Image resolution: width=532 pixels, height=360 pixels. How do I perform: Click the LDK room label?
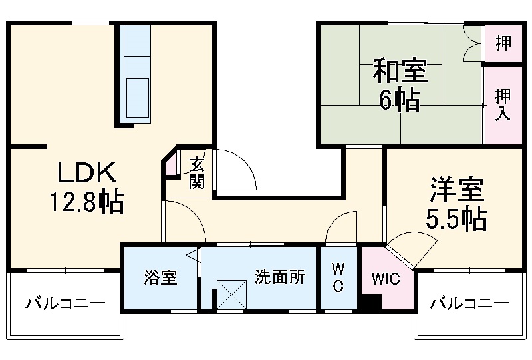click(86, 174)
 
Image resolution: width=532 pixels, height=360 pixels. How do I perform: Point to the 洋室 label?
click(456, 190)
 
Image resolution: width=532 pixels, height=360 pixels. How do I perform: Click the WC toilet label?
click(338, 277)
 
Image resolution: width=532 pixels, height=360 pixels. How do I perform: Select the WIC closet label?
click(386, 278)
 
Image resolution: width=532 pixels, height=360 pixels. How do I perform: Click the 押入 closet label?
click(503, 104)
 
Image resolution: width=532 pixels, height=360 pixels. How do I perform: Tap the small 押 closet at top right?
click(503, 43)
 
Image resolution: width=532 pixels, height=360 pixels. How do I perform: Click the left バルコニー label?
click(65, 304)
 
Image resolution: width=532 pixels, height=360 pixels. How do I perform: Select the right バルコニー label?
click(469, 304)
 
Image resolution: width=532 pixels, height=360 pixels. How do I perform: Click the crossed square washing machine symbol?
click(232, 294)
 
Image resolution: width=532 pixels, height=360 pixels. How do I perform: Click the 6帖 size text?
click(399, 100)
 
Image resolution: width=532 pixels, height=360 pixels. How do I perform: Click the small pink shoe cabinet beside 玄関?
click(172, 164)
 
